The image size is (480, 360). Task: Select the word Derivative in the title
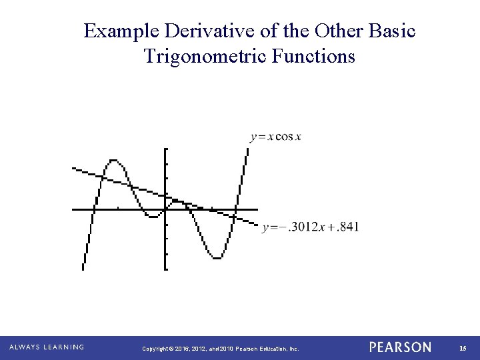[x=203, y=31]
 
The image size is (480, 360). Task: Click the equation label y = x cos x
[x=275, y=137]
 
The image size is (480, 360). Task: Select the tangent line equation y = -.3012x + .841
[x=311, y=227]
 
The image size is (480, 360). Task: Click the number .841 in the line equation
[x=348, y=227]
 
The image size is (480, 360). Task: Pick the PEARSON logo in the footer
[x=400, y=347]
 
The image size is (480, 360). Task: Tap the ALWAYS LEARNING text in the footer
[x=47, y=347]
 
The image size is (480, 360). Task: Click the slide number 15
[x=463, y=348]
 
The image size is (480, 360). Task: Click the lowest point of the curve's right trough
[x=216, y=258]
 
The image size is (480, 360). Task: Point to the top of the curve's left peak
[x=114, y=160]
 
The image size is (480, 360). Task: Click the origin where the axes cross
[x=165, y=209]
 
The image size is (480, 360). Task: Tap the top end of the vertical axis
[x=165, y=149]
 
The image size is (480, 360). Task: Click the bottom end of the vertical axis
[x=165, y=269]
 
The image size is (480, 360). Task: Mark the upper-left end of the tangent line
[x=73, y=168]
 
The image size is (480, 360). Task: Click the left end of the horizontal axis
[x=73, y=209]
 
